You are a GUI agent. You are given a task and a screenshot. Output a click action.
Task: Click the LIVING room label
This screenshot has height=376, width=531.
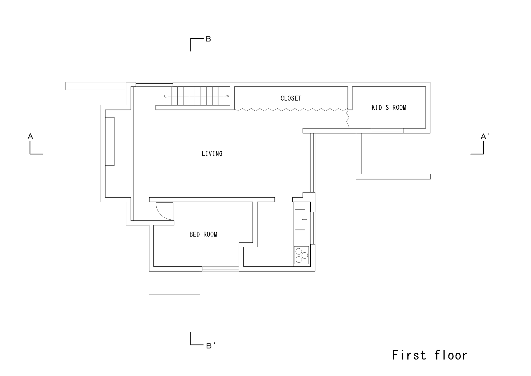click(x=212, y=154)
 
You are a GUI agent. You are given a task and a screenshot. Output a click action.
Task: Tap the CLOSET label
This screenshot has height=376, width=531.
click(x=291, y=98)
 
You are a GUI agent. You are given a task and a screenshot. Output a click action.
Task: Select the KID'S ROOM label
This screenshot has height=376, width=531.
click(x=389, y=107)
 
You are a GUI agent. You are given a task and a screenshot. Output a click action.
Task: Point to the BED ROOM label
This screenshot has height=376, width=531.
click(x=203, y=234)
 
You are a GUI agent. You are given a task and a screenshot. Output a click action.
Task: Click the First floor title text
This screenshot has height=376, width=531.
click(x=429, y=355)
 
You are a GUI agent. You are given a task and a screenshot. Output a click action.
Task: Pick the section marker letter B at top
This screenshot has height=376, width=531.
click(x=208, y=39)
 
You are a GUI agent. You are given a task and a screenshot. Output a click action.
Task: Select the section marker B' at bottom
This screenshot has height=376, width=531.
click(x=211, y=346)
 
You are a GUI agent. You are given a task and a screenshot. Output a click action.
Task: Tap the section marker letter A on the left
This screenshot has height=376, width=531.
click(x=30, y=136)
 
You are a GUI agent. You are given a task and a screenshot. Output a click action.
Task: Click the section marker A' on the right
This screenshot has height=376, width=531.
click(x=485, y=136)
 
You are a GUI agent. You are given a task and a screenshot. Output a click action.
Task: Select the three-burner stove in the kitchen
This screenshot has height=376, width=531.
click(x=301, y=255)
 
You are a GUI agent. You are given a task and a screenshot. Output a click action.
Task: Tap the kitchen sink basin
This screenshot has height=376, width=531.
click(x=300, y=220)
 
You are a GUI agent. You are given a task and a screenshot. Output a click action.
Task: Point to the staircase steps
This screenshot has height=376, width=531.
click(x=198, y=96)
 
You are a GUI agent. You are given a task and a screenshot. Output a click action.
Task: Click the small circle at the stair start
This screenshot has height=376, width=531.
click(x=166, y=96)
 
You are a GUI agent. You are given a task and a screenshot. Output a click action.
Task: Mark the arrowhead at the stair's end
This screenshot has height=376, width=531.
click(x=228, y=96)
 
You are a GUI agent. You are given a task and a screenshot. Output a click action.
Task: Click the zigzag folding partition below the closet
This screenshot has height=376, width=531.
click(x=291, y=110)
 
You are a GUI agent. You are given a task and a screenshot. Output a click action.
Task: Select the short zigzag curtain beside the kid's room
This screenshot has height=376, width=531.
click(x=348, y=118)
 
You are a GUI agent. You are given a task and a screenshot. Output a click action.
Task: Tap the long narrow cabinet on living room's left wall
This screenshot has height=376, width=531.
click(x=110, y=141)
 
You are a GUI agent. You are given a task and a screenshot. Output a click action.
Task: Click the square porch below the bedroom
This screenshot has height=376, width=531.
click(x=174, y=283)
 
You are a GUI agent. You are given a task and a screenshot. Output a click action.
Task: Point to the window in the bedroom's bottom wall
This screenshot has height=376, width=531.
click(x=220, y=269)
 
